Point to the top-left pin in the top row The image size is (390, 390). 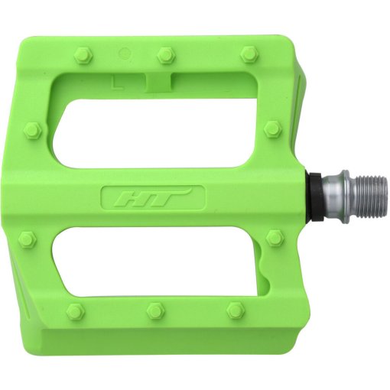83,54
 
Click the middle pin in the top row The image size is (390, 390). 164,54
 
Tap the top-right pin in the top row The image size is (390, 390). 248,54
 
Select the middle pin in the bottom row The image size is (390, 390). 154,311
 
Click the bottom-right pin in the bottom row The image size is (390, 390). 235,310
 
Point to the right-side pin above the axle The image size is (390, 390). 271,128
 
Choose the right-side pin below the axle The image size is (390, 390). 275,239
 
